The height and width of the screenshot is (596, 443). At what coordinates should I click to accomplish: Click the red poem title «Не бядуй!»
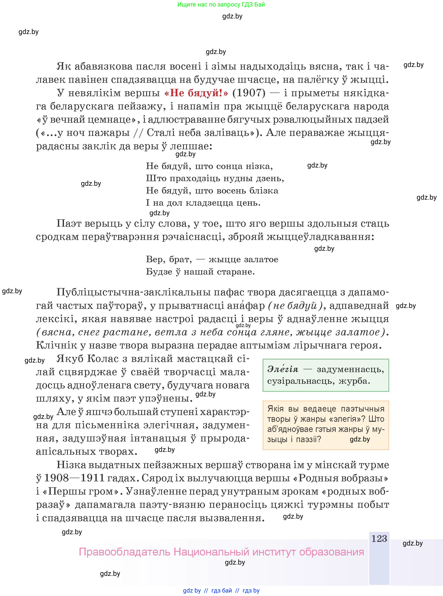tap(196, 93)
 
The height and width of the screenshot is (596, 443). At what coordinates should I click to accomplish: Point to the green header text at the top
tap(221, 5)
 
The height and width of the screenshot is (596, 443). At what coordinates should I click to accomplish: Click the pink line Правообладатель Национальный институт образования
tap(221, 552)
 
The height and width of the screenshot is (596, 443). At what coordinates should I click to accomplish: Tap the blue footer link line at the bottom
tap(221, 590)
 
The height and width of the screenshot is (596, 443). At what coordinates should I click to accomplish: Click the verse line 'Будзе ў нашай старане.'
tap(200, 272)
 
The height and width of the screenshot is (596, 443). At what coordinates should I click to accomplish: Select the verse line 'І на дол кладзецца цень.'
tap(203, 203)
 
